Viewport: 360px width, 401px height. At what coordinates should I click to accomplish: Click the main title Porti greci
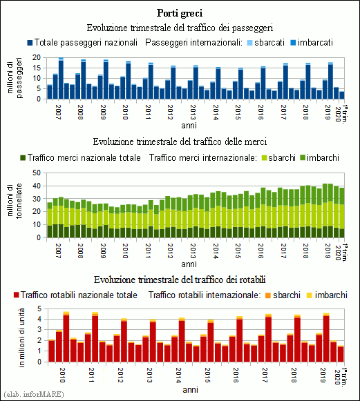pyautogui.click(x=180, y=13)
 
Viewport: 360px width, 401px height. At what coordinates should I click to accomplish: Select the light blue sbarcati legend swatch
pyautogui.click(x=250, y=43)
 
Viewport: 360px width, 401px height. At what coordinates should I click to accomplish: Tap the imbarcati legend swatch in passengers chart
pyautogui.click(x=293, y=43)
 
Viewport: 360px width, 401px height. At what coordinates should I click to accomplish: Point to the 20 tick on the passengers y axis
pyautogui.click(x=37, y=57)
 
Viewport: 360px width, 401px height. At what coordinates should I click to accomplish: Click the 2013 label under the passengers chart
pyautogui.click(x=193, y=113)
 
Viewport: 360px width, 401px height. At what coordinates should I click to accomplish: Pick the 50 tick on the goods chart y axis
pyautogui.click(x=37, y=173)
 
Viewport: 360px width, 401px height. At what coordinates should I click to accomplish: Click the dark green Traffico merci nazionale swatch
pyautogui.click(x=23, y=158)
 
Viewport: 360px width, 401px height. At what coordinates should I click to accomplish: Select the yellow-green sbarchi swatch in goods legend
pyautogui.click(x=264, y=158)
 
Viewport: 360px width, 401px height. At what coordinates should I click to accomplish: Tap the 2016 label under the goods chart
pyautogui.click(x=260, y=251)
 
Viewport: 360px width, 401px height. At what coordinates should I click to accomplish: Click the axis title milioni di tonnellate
pyautogui.click(x=15, y=201)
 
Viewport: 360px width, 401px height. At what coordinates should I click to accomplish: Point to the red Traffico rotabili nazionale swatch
pyautogui.click(x=16, y=295)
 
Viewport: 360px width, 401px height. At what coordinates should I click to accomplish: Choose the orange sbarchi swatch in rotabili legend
pyautogui.click(x=268, y=295)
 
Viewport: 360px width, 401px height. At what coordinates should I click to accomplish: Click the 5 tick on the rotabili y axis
pyautogui.click(x=39, y=309)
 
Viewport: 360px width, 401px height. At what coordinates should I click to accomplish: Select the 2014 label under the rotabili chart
pyautogui.click(x=178, y=375)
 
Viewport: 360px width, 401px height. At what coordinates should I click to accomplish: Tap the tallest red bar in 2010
pyautogui.click(x=66, y=339)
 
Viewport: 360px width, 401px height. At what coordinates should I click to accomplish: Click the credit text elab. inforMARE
pyautogui.click(x=34, y=394)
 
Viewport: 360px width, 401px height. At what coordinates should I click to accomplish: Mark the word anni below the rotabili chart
pyautogui.click(x=190, y=390)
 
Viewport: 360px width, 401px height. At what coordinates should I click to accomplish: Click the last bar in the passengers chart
pyautogui.click(x=341, y=95)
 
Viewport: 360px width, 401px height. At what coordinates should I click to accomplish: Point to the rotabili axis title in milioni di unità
pyautogui.click(x=21, y=338)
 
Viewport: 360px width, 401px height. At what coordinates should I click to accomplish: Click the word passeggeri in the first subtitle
pyautogui.click(x=252, y=28)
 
